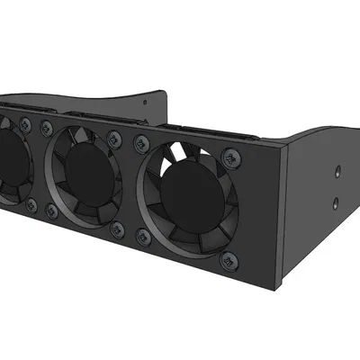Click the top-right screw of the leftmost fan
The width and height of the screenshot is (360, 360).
(29, 122)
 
